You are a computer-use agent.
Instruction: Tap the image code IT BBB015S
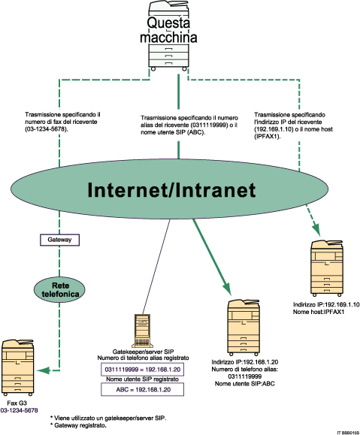click(343, 430)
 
